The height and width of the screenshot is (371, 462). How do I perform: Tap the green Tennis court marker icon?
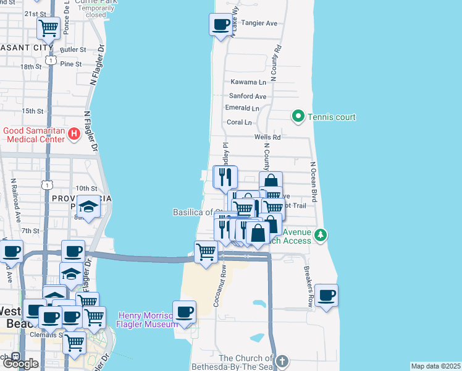tap(298, 116)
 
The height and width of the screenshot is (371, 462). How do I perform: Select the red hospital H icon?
tap(73, 133)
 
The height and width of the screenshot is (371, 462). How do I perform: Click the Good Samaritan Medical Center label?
tap(34, 135)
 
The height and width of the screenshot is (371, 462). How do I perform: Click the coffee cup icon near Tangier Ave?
tap(221, 25)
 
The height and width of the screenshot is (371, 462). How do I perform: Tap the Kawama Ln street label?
tap(248, 82)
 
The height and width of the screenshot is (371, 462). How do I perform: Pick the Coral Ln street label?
tap(240, 122)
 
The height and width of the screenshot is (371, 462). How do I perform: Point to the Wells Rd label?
tap(267, 137)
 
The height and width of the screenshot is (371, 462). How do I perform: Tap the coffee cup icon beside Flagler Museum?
tap(184, 312)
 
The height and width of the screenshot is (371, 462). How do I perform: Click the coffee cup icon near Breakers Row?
tap(326, 294)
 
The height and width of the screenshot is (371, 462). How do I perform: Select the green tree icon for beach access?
tap(320, 235)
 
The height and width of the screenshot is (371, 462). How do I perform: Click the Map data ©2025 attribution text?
tap(436, 366)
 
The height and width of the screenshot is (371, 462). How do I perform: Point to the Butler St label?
tap(73, 49)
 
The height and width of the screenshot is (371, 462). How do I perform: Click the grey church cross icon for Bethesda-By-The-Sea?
tap(282, 361)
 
